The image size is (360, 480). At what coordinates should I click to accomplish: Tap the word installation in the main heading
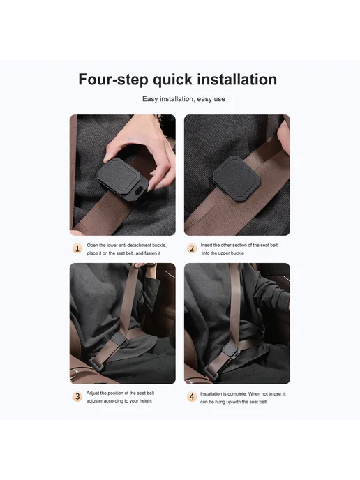[x=237, y=80]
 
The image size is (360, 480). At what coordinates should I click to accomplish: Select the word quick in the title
[x=172, y=80]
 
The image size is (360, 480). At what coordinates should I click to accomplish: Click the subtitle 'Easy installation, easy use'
[x=183, y=99]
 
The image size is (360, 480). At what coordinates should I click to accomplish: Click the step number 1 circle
[x=77, y=248]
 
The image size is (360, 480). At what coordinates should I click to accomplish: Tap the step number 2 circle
[x=192, y=248]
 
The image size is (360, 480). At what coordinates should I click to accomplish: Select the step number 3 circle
[x=77, y=397]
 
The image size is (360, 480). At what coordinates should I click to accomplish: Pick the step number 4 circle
[x=192, y=397]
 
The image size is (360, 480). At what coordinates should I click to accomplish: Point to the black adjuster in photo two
[x=237, y=179]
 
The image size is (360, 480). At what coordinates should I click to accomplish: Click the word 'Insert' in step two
[x=207, y=245]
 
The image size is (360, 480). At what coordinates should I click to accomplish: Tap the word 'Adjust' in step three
[x=93, y=393]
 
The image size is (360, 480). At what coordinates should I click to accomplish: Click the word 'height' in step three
[x=146, y=401]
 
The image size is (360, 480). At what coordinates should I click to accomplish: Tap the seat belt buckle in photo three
[x=98, y=363]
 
